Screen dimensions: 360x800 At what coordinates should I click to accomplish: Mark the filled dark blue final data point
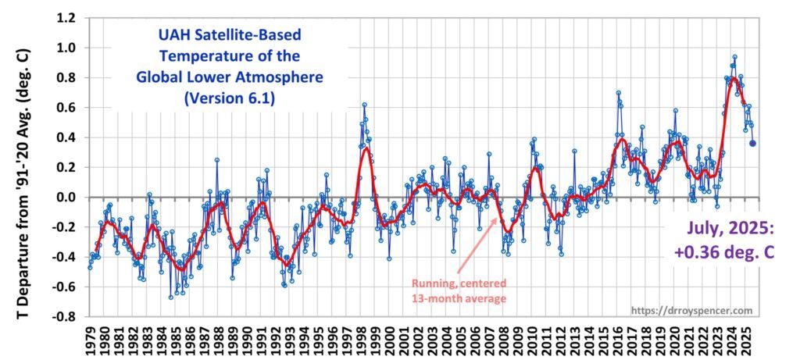tap(752, 143)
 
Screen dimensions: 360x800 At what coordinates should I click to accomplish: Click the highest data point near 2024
tap(734, 57)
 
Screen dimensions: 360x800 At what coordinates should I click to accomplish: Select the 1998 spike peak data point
tap(364, 105)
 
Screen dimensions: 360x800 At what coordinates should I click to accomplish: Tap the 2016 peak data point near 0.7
tap(618, 93)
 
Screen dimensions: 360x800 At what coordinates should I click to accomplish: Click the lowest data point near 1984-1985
tap(171, 297)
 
